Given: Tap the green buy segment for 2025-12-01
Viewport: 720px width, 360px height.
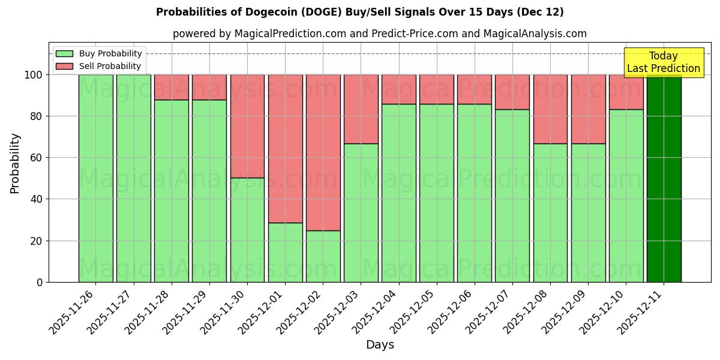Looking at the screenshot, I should tap(285, 252).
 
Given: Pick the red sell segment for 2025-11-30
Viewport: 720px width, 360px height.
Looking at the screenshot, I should tap(247, 126).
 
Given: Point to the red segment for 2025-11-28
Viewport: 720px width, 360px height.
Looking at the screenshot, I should tap(171, 87).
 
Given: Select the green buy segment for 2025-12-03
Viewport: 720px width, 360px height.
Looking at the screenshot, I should tap(361, 212).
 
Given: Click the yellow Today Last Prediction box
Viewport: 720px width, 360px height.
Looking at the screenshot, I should tap(663, 62).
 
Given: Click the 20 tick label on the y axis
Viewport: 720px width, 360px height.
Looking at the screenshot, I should tap(36, 241).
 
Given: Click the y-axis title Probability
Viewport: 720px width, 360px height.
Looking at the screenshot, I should tap(15, 163).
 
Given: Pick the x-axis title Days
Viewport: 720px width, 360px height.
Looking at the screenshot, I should tap(380, 345).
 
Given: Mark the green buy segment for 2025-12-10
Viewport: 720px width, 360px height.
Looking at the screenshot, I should tap(626, 196).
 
